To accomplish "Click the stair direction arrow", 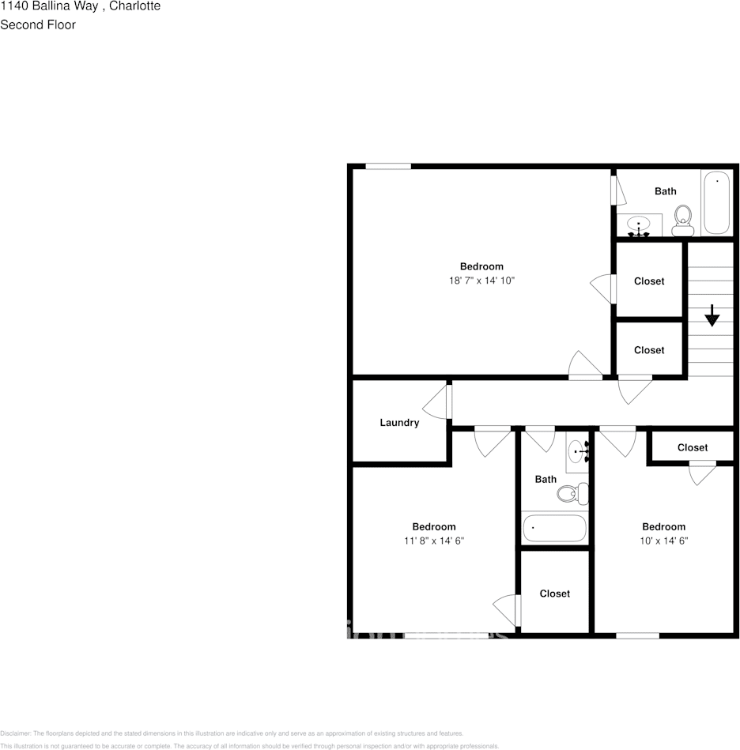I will click(712, 315).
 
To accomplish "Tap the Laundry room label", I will click(399, 423).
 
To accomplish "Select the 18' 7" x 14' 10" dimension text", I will click(481, 281).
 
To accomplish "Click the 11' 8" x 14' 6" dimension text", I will click(434, 541).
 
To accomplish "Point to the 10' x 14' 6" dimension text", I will click(663, 541).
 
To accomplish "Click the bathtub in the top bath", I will click(717, 202).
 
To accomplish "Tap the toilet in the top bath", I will click(683, 220).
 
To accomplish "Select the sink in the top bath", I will click(639, 226).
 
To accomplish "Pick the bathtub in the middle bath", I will click(554, 528).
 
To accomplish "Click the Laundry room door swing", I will click(437, 402).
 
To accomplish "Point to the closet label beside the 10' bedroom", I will click(693, 447).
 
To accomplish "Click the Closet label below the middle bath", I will click(554, 594).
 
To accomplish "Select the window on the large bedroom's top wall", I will click(388, 166).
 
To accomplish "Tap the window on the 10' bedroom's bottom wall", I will click(637, 635).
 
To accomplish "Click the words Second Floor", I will click(38, 24).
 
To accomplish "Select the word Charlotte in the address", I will click(134, 6).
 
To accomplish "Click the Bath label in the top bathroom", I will click(666, 191).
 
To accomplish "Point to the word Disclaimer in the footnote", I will click(15, 733).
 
